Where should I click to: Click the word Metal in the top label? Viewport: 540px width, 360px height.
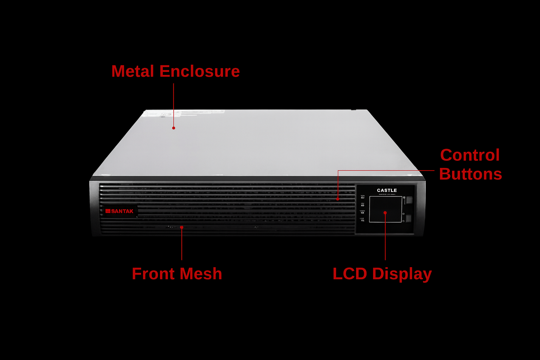[x=133, y=71]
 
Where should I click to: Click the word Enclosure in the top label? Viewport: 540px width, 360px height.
[x=199, y=71]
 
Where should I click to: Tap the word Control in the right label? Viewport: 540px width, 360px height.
[x=470, y=155]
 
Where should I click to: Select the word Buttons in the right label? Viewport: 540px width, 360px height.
[x=470, y=174]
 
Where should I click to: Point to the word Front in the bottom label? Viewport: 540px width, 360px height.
[x=153, y=274]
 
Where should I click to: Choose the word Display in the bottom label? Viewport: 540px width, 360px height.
[x=402, y=274]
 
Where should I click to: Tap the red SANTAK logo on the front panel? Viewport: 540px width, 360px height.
[x=120, y=211]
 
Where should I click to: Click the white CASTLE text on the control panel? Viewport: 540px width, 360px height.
[x=387, y=190]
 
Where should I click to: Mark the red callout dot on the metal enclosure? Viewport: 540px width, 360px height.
[x=174, y=128]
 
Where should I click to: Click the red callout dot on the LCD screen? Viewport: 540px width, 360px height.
[x=385, y=213]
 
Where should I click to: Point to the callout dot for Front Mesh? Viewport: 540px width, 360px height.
[x=182, y=227]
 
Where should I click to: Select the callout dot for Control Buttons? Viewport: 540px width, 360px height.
[x=338, y=199]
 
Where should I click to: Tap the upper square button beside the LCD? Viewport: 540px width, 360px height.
[x=409, y=200]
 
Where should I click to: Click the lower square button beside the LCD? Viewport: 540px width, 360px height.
[x=409, y=219]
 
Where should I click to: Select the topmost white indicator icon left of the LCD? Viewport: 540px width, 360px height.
[x=362, y=197]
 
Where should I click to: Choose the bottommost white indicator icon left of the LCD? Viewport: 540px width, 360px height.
[x=362, y=220]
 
